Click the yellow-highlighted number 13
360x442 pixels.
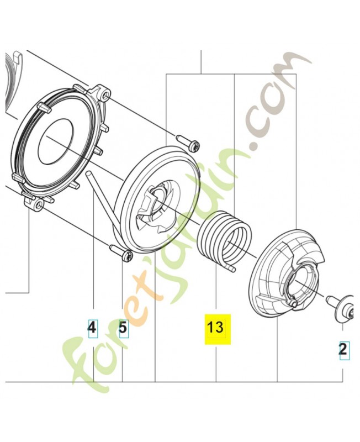(215, 328)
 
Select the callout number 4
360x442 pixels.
(92, 328)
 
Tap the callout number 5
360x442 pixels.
(123, 328)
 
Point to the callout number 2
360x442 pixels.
(343, 349)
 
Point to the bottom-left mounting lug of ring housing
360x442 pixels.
(38, 205)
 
